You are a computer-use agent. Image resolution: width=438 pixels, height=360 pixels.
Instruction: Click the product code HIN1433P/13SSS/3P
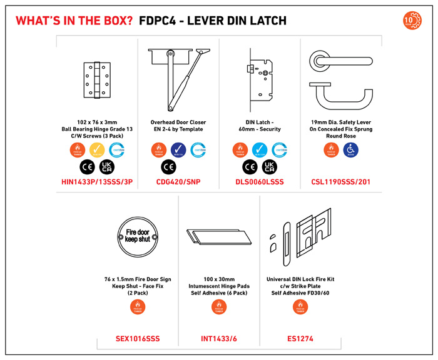[97, 183]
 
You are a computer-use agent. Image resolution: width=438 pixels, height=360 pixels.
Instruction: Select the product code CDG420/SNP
[178, 183]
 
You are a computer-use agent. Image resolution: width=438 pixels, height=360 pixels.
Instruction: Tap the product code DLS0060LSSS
[260, 183]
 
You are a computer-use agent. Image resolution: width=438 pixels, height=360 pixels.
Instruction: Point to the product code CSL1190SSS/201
[341, 183]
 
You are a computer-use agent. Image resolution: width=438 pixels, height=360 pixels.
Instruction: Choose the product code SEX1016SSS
[138, 339]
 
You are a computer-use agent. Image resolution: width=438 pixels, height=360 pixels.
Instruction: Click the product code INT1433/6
[219, 339]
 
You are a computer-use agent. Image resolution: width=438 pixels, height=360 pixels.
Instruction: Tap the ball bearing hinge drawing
[97, 81]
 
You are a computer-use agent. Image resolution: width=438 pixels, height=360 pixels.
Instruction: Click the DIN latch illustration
[259, 81]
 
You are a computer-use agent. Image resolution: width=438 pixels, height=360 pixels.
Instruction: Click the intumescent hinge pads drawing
[218, 237]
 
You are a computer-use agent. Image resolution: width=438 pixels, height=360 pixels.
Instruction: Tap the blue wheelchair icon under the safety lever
[351, 150]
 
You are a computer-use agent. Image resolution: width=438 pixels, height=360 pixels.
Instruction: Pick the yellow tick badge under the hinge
[97, 150]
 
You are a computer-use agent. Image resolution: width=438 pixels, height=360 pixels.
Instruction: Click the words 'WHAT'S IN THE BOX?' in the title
[74, 21]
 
